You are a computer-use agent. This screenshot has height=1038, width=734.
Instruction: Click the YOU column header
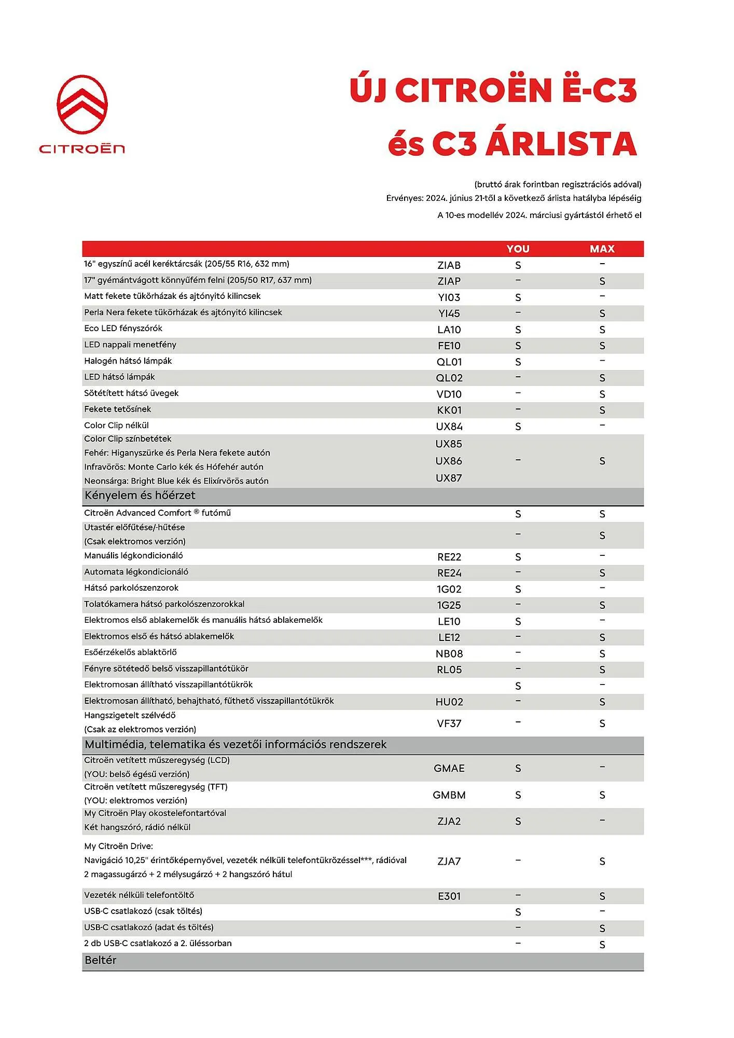pyautogui.click(x=518, y=249)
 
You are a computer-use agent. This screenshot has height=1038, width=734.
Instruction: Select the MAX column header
pyautogui.click(x=602, y=249)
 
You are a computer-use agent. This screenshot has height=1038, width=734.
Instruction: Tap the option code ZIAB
pyautogui.click(x=449, y=265)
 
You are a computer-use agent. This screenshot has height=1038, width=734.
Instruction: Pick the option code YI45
pyautogui.click(x=449, y=313)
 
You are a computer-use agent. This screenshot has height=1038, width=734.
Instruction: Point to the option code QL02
pyautogui.click(x=449, y=378)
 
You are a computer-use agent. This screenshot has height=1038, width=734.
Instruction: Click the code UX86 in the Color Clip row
pyautogui.click(x=449, y=461)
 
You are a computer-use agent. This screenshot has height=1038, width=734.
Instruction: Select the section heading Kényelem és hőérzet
pyautogui.click(x=140, y=496)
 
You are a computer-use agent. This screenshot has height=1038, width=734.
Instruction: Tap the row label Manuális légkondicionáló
pyautogui.click(x=133, y=556)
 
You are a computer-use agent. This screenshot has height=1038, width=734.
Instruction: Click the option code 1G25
pyautogui.click(x=449, y=605)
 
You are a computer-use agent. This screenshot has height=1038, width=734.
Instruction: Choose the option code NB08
pyautogui.click(x=449, y=653)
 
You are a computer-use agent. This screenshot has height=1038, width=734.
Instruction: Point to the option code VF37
pyautogui.click(x=449, y=723)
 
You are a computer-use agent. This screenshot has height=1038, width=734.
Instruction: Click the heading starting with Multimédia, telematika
pyautogui.click(x=236, y=744)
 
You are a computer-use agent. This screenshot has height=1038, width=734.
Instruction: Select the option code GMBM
pyautogui.click(x=449, y=795)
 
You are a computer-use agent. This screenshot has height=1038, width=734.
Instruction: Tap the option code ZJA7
pyautogui.click(x=449, y=861)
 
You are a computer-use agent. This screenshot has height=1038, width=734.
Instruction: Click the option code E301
pyautogui.click(x=449, y=896)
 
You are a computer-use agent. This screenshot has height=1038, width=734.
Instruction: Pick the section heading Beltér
pyautogui.click(x=101, y=960)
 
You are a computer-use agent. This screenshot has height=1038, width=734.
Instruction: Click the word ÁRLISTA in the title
pyautogui.click(x=561, y=144)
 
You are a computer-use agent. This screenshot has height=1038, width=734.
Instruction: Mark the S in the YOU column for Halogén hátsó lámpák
pyautogui.click(x=518, y=362)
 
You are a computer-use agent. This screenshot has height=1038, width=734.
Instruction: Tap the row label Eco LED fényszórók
pyautogui.click(x=123, y=329)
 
